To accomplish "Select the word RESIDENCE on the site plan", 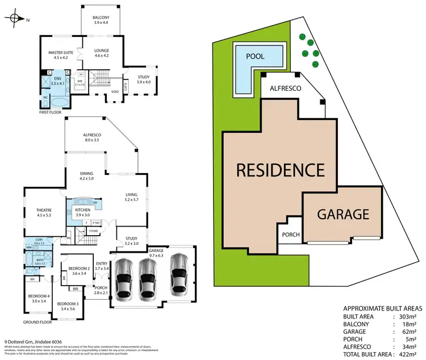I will pyautogui.click(x=280, y=169).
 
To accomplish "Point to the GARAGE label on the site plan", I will pyautogui.click(x=344, y=215).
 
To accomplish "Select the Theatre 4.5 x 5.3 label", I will pyautogui.click(x=44, y=212).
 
